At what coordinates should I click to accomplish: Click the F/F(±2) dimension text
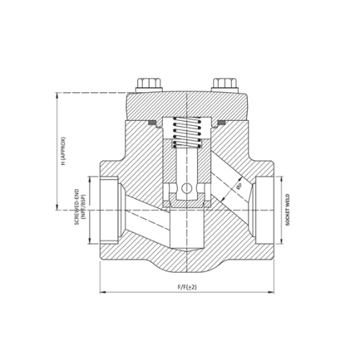pos(186,287)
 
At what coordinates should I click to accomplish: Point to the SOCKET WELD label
pos(287,210)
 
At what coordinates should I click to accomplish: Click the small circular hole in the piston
pos(186,190)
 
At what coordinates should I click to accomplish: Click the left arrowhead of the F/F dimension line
pos(101,292)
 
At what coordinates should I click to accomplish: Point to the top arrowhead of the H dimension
pos(57,94)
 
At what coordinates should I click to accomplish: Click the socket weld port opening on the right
pos(262,210)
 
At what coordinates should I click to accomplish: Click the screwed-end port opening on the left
pos(110,210)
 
